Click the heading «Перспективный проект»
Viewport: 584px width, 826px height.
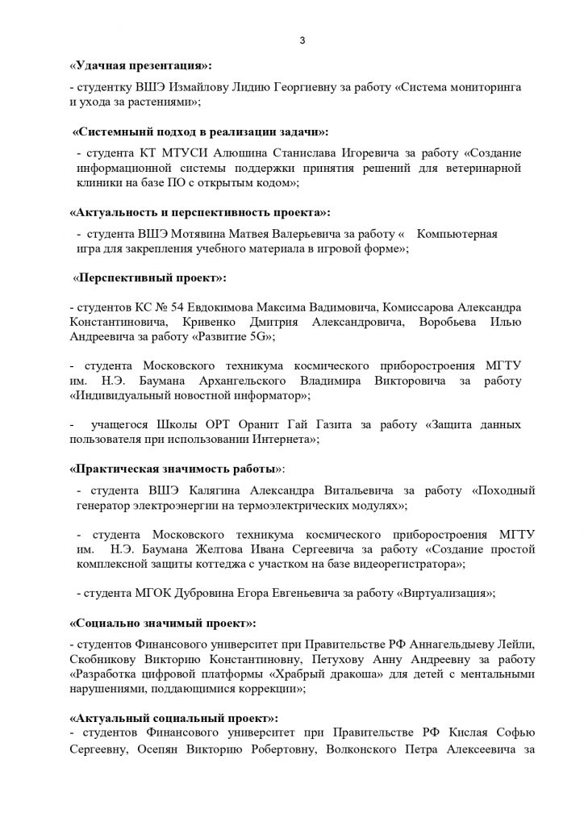pyautogui.click(x=150, y=278)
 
